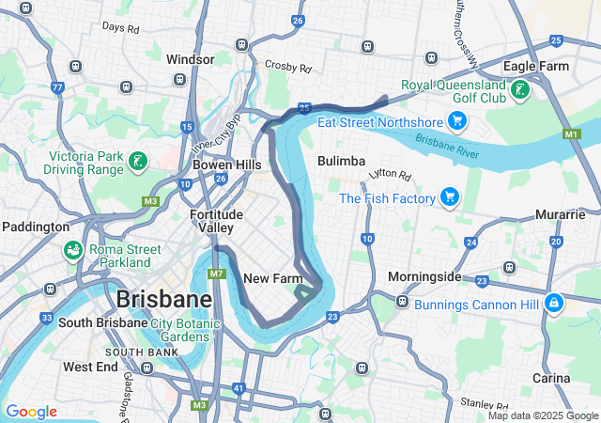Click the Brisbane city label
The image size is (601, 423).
pos(163,300)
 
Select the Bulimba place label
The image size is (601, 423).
pos(341,161)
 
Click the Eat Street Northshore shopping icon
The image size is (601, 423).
pos(457,120)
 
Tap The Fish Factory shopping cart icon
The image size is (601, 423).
pos(450,197)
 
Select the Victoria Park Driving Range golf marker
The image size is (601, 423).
pos(138,162)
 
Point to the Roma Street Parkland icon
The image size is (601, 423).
pos(72,251)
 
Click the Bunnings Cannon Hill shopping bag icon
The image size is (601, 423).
pos(554,304)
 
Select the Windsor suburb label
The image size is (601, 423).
pos(191,59)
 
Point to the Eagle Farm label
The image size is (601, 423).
pos(535,66)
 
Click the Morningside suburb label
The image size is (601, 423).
pos(424,277)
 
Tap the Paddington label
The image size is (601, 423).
pos(36,227)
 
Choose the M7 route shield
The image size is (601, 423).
pos(217,274)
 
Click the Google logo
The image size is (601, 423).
pos(31,412)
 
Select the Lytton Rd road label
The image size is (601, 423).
pos(391,175)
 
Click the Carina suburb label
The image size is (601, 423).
pos(551,378)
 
